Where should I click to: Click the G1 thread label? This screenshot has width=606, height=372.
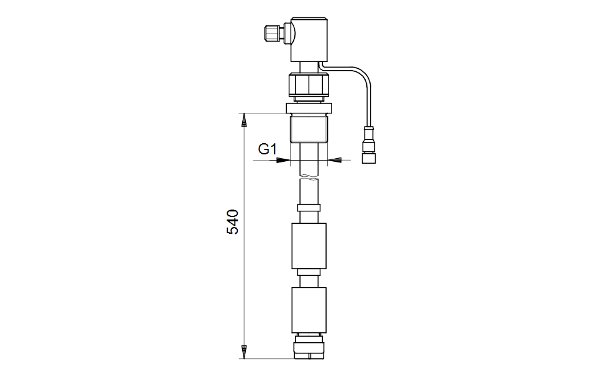(268, 149)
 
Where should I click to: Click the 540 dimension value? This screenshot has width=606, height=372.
(233, 222)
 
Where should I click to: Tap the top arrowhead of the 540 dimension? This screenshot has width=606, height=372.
(244, 120)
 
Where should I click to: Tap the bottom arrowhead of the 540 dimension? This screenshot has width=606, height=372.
(244, 352)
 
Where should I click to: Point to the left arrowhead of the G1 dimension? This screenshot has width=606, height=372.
(283, 160)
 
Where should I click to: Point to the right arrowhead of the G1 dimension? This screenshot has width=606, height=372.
(334, 160)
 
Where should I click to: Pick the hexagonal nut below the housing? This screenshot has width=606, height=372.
(309, 85)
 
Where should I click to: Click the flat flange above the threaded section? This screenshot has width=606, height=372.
(309, 108)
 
